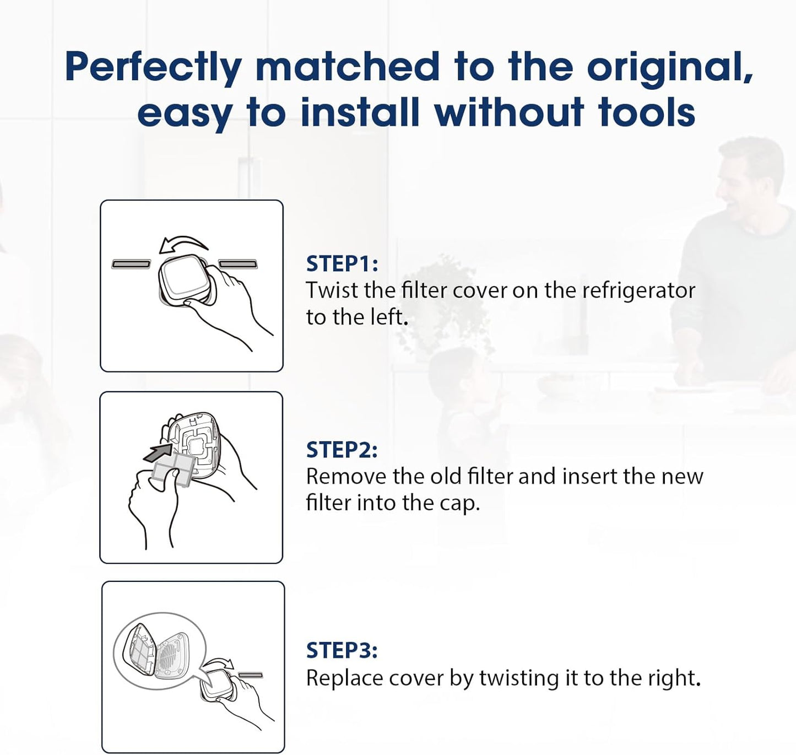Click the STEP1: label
pos(342,263)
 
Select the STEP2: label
pos(342,450)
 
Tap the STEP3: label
pos(342,650)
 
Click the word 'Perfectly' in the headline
pos(154,68)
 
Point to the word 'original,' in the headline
pos(670,68)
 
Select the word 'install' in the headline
pos(360,112)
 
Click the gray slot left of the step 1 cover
pos(131,264)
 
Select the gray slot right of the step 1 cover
pos(238,264)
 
